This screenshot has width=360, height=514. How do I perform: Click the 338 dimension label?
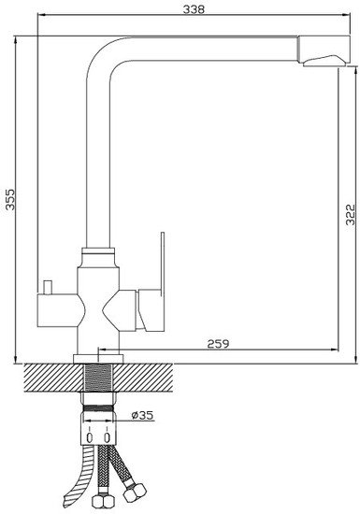click(x=194, y=9)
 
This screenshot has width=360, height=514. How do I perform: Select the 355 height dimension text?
click(x=10, y=199)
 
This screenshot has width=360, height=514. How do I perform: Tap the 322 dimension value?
click(x=351, y=214)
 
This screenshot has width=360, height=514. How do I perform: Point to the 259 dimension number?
click(x=219, y=344)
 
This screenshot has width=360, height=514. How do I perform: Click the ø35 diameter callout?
click(x=142, y=415)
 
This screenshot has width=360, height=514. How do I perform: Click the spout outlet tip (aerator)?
click(x=324, y=61)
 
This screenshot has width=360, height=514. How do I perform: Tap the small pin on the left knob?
click(x=48, y=287)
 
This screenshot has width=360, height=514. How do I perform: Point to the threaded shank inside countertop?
click(x=99, y=378)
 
